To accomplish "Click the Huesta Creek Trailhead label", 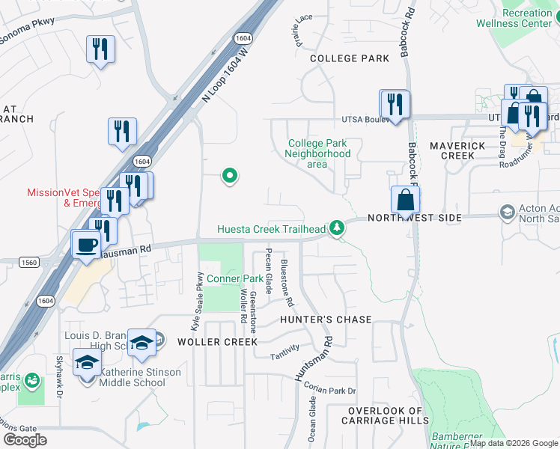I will [272, 229].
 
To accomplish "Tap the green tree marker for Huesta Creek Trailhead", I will [338, 227].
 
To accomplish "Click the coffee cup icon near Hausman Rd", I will [87, 244].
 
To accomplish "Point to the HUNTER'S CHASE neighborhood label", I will [326, 320].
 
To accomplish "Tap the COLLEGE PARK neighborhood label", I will [349, 58].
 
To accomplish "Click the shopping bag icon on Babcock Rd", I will [405, 201].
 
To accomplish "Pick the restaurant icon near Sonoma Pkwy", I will [100, 49].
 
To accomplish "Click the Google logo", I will [25, 440].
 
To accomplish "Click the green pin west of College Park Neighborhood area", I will [230, 177].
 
